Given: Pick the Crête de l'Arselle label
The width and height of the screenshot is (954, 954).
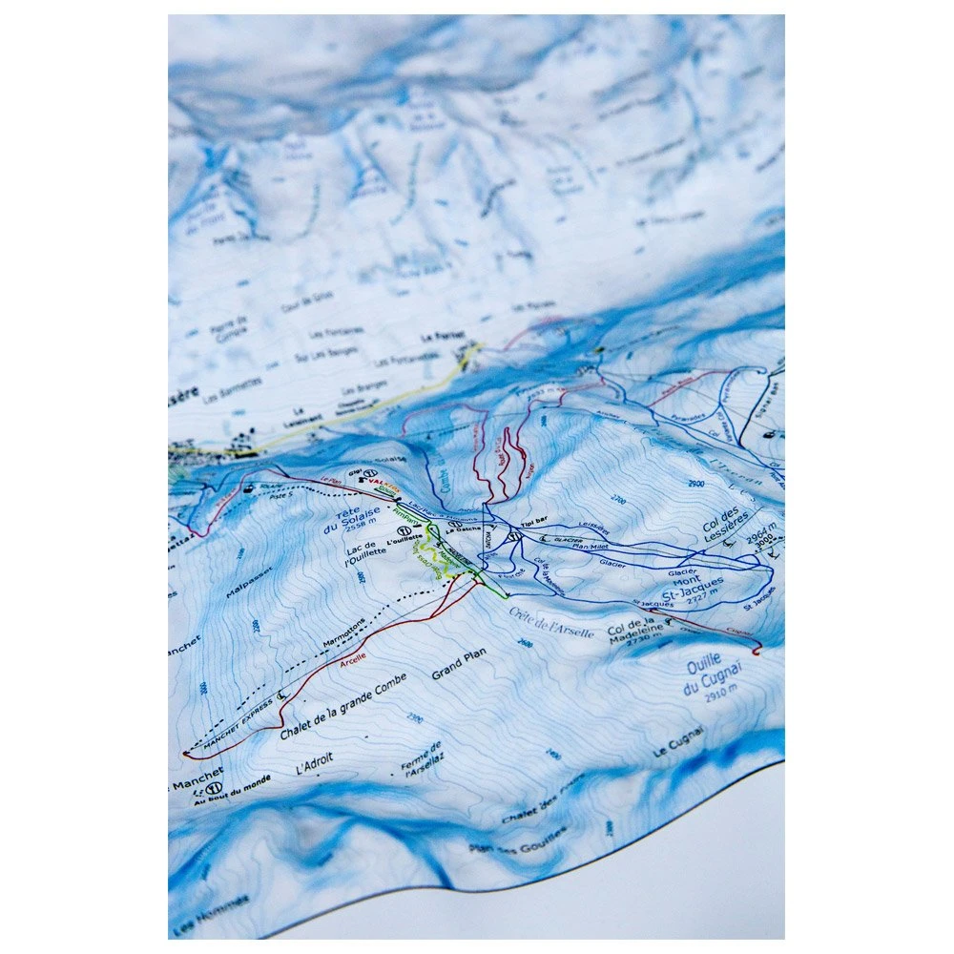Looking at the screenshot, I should coord(551,623).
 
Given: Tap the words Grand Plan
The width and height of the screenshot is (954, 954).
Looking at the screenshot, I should coord(460,665).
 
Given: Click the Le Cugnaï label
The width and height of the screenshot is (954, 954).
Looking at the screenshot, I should coord(679,742).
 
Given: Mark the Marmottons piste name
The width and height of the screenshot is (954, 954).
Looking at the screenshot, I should coord(343,633).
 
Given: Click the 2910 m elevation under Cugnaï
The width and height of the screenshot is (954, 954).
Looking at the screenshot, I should coord(722,697).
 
